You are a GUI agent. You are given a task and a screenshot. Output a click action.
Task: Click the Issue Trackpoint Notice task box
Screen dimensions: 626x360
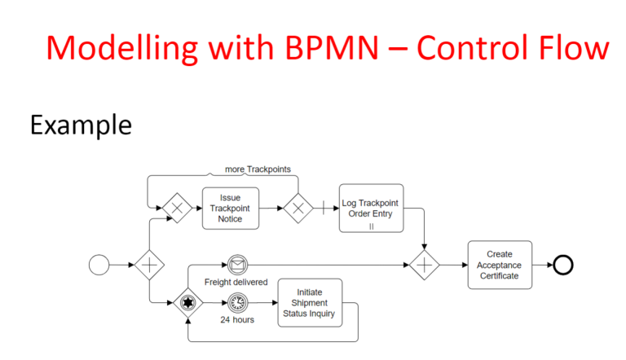[x=231, y=209]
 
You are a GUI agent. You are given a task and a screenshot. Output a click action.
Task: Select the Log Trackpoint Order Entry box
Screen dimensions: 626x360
[x=371, y=208]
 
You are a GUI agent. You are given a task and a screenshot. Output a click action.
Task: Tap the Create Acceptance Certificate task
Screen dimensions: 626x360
[x=500, y=265]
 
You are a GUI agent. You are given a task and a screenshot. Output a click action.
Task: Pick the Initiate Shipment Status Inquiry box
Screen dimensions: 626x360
[x=310, y=303]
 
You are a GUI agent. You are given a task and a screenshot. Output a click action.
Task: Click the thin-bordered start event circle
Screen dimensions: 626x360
[x=99, y=265]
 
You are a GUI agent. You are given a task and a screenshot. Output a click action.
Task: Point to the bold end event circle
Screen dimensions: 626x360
[x=563, y=265]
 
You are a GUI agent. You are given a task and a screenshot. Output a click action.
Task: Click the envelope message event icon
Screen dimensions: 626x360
[x=237, y=265]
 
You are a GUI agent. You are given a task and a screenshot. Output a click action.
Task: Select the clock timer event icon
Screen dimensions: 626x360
[x=237, y=303]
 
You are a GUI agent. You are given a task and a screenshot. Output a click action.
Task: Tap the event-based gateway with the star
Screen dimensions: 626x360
[x=188, y=303]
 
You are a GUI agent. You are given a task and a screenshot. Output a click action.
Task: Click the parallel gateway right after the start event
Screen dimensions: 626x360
[x=149, y=265]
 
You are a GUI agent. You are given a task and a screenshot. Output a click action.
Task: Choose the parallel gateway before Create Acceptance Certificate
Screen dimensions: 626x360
[x=425, y=265]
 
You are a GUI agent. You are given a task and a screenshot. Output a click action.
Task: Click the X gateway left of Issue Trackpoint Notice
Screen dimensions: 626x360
[x=177, y=208]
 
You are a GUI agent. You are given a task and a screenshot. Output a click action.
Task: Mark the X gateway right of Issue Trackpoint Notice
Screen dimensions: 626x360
[x=298, y=208]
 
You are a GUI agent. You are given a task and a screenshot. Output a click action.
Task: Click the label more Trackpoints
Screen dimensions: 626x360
[x=258, y=169]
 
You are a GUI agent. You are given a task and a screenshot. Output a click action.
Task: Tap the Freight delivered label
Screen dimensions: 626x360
[x=236, y=282]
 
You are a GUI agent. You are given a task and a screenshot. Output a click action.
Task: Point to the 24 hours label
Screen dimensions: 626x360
[x=237, y=320]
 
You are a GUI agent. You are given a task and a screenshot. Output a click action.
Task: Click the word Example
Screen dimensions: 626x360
[x=81, y=125]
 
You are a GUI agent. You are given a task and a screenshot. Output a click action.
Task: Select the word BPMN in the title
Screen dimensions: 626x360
[x=332, y=48]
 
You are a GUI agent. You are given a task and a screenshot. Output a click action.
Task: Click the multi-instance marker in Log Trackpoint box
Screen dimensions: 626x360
[x=372, y=226]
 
